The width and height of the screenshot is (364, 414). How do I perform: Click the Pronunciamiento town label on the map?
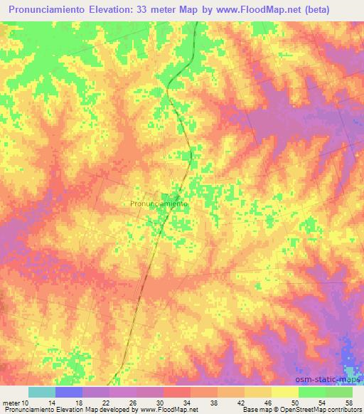[x=159, y=203]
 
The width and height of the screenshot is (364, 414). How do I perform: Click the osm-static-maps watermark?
[x=327, y=378]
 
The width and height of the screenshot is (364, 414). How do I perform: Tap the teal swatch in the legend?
[x=42, y=392]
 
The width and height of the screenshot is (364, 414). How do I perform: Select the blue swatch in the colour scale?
[x=69, y=392]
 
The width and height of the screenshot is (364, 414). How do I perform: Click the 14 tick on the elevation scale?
[x=55, y=402]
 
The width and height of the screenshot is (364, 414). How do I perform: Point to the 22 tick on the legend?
[x=109, y=402]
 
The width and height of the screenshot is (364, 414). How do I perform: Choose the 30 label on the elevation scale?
[x=164, y=402]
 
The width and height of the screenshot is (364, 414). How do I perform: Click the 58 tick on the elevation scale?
[x=348, y=402]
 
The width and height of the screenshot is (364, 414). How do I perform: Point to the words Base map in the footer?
[x=255, y=410]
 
